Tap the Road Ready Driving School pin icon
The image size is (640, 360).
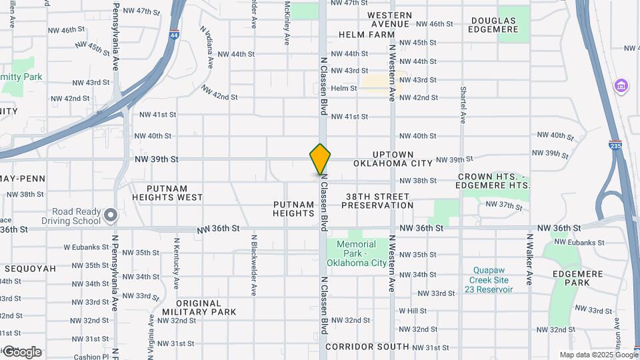(x=111, y=215)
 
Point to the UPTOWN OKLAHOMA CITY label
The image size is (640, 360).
(x=393, y=159)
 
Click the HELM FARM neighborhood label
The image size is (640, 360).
(x=367, y=34)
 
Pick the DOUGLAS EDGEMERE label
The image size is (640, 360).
(x=493, y=25)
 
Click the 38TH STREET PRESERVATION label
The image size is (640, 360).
(x=377, y=201)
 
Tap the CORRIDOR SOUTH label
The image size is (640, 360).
(x=367, y=347)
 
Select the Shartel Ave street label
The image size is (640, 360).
(x=461, y=105)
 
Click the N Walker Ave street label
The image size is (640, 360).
(x=530, y=259)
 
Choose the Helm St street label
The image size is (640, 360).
(x=344, y=88)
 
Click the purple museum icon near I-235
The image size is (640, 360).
(x=622, y=86)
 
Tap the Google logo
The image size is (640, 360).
(x=21, y=351)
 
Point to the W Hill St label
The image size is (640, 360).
(x=413, y=311)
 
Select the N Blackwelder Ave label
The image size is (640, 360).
(x=254, y=265)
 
